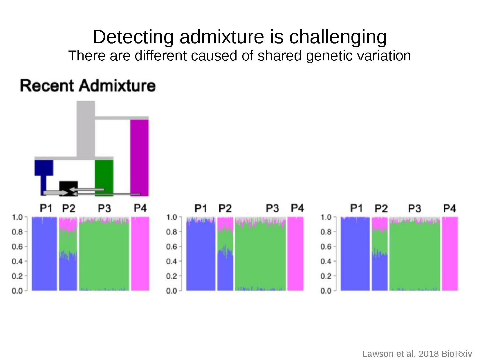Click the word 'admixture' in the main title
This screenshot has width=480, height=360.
(x=222, y=37)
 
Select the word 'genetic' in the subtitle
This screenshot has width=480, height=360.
(x=329, y=56)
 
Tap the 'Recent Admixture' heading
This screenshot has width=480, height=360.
(x=88, y=86)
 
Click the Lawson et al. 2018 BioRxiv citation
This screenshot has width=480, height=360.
(x=417, y=354)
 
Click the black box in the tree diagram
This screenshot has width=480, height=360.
(x=68, y=188)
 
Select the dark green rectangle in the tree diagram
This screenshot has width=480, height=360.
(x=104, y=178)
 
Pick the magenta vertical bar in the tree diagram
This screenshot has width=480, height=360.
(x=140, y=158)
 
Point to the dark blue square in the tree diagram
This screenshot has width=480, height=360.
(x=44, y=168)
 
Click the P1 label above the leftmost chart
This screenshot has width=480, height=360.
(x=46, y=208)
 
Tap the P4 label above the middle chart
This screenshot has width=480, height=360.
(x=297, y=208)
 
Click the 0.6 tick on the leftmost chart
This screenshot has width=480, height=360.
(x=17, y=246)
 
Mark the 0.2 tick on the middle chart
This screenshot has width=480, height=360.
(x=172, y=276)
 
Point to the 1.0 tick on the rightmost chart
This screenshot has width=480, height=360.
(x=326, y=217)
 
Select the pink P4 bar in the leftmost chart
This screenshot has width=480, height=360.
(x=140, y=254)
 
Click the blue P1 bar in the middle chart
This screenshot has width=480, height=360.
(x=201, y=254)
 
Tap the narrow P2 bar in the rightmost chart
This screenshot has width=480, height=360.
(x=380, y=254)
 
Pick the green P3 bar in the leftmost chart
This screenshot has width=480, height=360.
(x=104, y=254)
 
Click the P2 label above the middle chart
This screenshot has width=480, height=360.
(x=225, y=208)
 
